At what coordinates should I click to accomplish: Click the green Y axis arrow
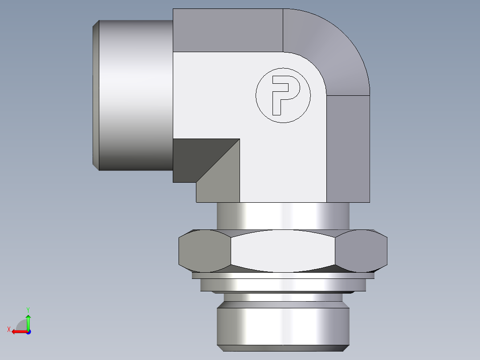pyautogui.click(x=28, y=320)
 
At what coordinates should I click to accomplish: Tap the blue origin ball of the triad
pyautogui.click(x=28, y=331)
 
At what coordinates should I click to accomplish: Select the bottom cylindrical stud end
pyautogui.click(x=283, y=323)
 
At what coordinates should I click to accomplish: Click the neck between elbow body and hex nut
pyautogui.click(x=283, y=216)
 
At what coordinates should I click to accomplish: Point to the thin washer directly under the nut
pyautogui.click(x=283, y=276)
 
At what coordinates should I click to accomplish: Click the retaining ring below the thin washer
pyautogui.click(x=283, y=285)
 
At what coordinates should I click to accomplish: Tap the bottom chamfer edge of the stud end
pyautogui.click(x=283, y=347)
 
